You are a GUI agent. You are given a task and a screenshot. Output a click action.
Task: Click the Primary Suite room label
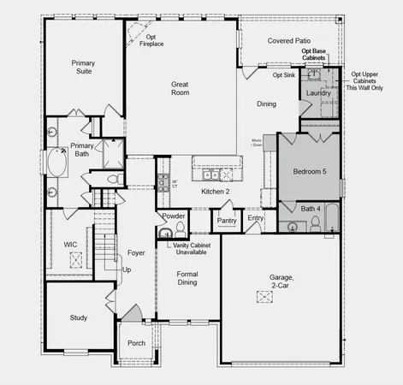(x=83, y=67)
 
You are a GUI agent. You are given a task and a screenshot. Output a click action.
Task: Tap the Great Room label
(x=181, y=89)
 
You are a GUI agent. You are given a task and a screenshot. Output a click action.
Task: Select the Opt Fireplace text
(x=152, y=40)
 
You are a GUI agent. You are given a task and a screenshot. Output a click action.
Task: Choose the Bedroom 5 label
(x=310, y=172)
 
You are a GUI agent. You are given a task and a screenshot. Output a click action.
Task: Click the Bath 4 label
(x=311, y=208)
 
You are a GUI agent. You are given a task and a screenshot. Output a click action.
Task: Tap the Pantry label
(x=227, y=220)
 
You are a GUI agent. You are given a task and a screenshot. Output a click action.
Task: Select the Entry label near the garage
(x=256, y=218)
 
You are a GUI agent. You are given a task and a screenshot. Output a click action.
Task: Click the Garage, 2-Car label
(x=282, y=283)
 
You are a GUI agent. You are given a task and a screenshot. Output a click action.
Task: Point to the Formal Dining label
(x=187, y=279)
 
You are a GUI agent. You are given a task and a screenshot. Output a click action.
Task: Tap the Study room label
(x=79, y=317)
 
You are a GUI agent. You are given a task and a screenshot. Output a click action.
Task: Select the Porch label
(x=135, y=343)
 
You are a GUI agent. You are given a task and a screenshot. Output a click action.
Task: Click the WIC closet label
(x=71, y=244)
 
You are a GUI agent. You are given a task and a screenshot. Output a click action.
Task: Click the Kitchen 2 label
(x=216, y=191)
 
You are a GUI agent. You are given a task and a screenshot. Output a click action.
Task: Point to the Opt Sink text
(x=283, y=75)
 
